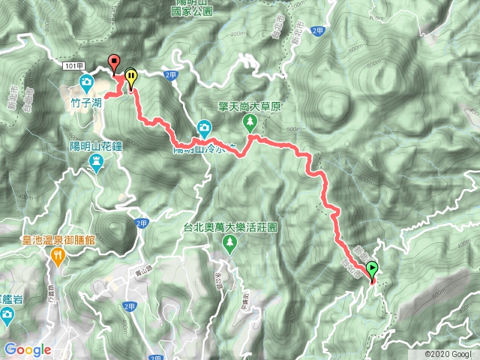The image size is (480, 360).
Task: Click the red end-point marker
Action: click(x=114, y=62)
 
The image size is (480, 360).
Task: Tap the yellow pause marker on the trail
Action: click(x=131, y=76)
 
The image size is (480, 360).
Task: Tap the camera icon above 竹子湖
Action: click(x=86, y=80)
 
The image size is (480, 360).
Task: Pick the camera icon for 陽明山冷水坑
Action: click(x=205, y=127)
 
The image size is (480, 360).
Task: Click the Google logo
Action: click(x=28, y=349)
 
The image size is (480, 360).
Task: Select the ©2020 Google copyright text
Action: click(x=448, y=354)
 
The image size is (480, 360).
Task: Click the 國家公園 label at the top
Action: click(x=192, y=12)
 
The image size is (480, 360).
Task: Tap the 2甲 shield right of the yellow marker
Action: click(x=169, y=73)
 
